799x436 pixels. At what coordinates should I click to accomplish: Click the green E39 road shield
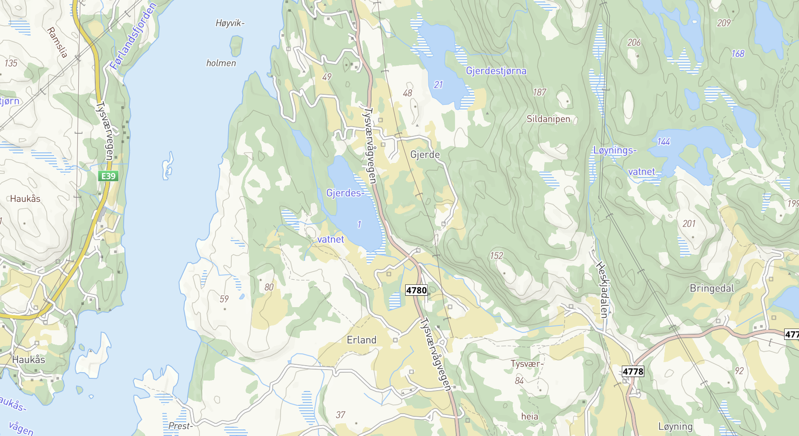coord(108,176)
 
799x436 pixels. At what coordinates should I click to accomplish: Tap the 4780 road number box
coord(416,290)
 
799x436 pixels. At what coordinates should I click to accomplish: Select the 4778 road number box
coord(633,371)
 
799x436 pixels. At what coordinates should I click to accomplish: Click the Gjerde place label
coord(425,155)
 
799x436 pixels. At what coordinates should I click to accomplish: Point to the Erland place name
coord(361,340)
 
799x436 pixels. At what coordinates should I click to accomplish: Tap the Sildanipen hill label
coord(548,119)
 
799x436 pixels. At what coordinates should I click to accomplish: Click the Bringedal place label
coord(712,288)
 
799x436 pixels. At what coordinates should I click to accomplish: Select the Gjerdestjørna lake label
coord(496,71)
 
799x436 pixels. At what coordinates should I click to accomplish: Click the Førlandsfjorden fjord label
coord(133,37)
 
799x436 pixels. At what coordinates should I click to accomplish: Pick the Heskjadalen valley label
coord(603,289)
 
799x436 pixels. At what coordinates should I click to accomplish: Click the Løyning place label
coord(675,426)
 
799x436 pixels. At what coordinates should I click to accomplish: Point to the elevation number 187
coord(539,92)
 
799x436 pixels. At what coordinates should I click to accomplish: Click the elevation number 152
coord(496,256)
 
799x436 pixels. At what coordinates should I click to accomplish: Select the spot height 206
coord(634,42)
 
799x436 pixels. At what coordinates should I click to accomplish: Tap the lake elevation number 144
coord(664,142)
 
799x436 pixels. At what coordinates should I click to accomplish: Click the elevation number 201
coord(689,224)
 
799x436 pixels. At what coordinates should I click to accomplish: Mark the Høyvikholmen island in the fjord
coord(236,46)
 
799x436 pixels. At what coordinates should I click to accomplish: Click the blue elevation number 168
coord(738,54)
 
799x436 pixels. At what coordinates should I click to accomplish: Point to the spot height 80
coord(269,287)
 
